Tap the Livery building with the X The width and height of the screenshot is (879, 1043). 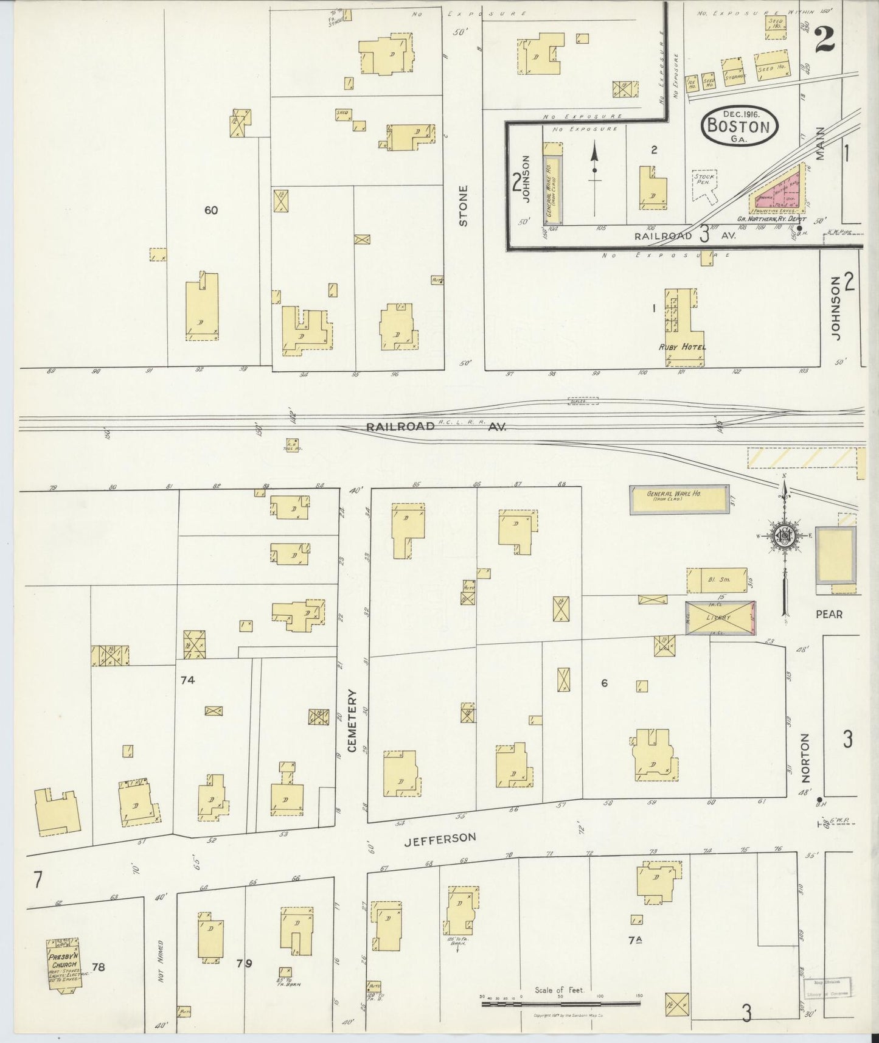coord(720,618)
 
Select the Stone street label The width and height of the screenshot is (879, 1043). coord(464,206)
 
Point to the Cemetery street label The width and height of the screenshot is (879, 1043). coord(352,720)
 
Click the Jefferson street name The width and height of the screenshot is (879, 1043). coord(440,838)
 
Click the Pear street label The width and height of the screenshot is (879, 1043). coord(829,614)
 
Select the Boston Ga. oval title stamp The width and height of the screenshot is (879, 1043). coord(739,126)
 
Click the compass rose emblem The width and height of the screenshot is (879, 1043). coord(784,535)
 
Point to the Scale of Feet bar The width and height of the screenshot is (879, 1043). coord(560,1002)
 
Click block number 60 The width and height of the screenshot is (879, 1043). coord(211,211)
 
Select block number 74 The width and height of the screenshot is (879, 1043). coord(187,680)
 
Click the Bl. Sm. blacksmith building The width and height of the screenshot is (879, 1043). coord(717,580)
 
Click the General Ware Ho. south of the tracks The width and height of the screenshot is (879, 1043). coord(679,500)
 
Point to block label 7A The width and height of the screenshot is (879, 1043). coord(635,957)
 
